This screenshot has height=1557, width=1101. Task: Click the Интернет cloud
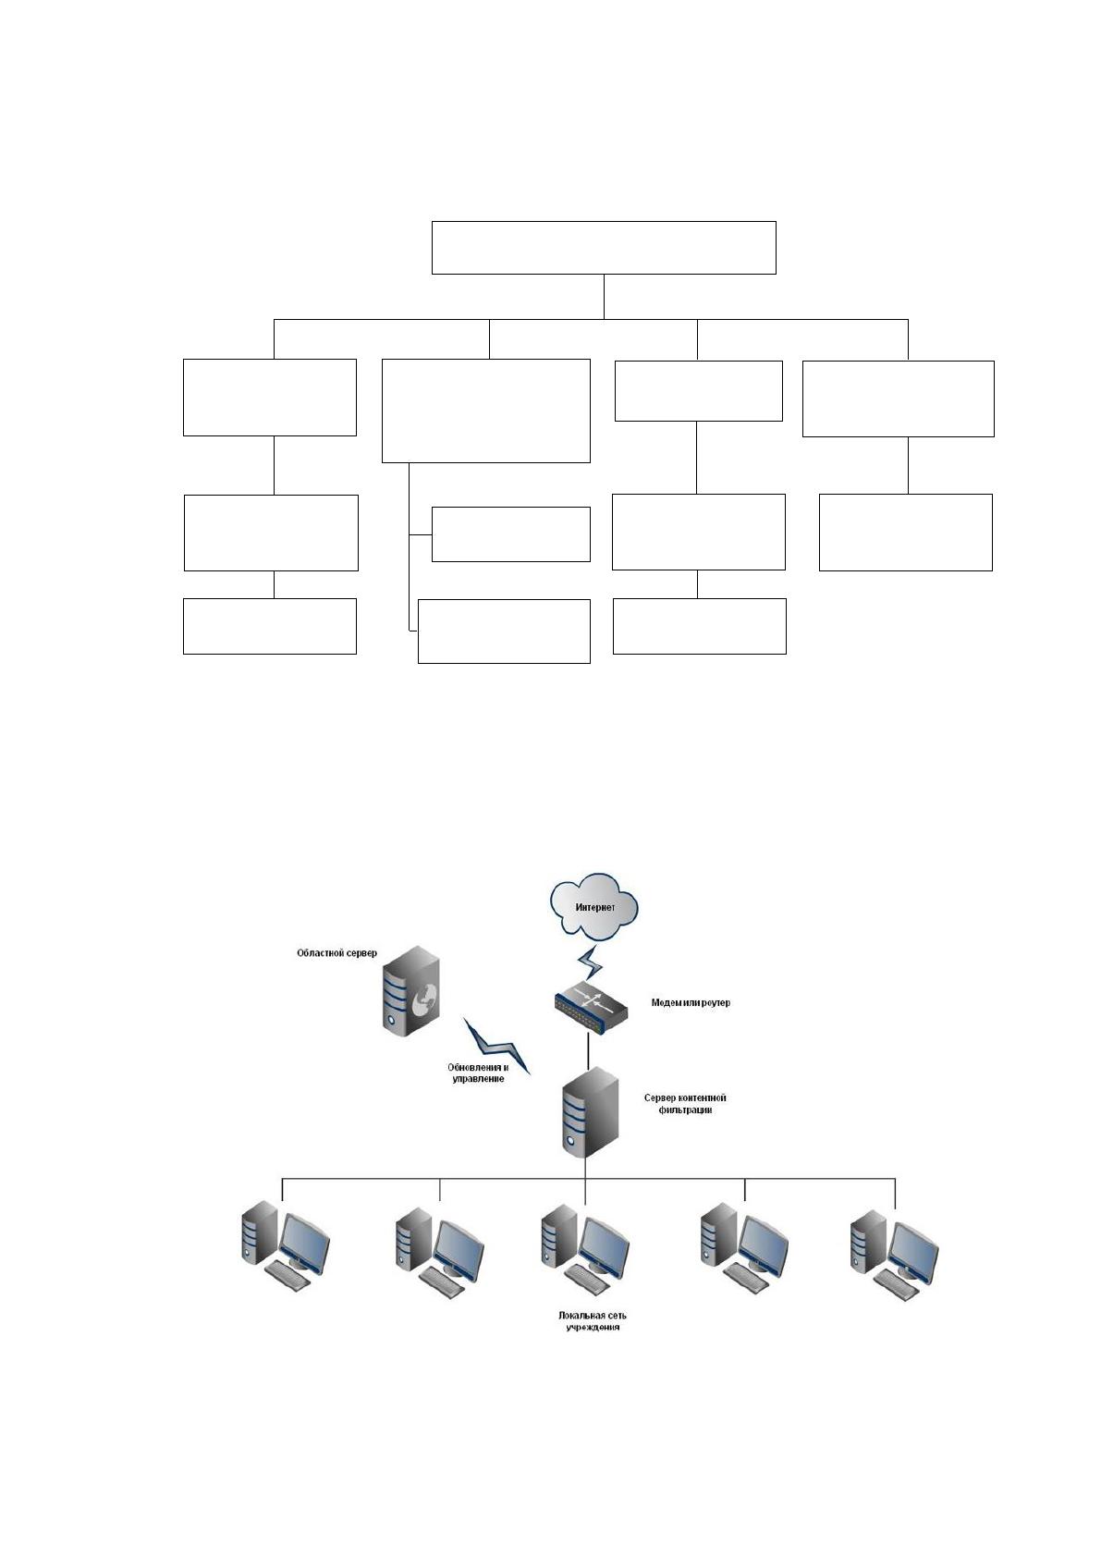[x=594, y=907]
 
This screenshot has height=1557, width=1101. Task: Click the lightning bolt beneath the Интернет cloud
[x=590, y=962]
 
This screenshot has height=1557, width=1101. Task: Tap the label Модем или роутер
[x=691, y=1002]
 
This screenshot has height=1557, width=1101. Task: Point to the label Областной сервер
[x=336, y=953]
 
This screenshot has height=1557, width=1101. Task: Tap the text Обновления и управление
[x=478, y=1073]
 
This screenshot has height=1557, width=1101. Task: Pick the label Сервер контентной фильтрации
[x=685, y=1104]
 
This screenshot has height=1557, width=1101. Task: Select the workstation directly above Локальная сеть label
[x=584, y=1252]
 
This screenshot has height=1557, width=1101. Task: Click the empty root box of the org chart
[x=604, y=248]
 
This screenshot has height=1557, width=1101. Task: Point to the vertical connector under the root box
[x=604, y=297]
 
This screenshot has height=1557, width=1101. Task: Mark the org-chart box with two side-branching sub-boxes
[x=486, y=411]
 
